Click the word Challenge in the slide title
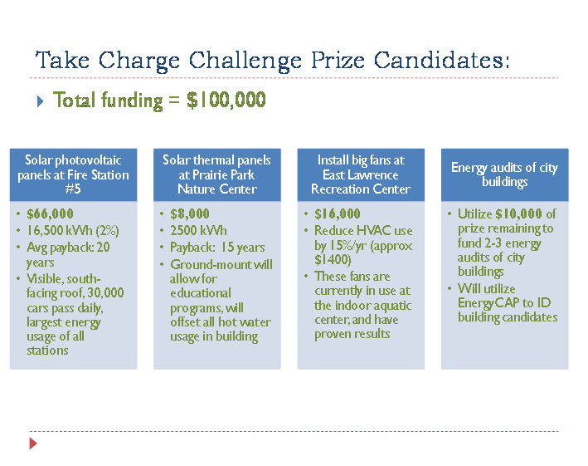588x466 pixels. (x=245, y=61)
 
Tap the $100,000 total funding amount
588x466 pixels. (x=226, y=100)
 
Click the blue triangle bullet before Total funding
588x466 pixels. (x=41, y=101)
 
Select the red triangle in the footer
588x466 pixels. (x=33, y=444)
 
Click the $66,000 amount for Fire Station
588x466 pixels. (x=50, y=213)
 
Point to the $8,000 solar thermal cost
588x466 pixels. (x=190, y=213)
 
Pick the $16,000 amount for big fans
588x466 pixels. (x=337, y=213)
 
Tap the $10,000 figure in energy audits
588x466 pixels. (x=518, y=213)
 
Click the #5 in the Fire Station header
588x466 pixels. (x=73, y=189)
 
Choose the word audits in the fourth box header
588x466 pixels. (x=508, y=168)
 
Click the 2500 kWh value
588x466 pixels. (x=198, y=231)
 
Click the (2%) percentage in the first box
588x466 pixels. (x=107, y=231)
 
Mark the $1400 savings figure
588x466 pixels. (x=333, y=260)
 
